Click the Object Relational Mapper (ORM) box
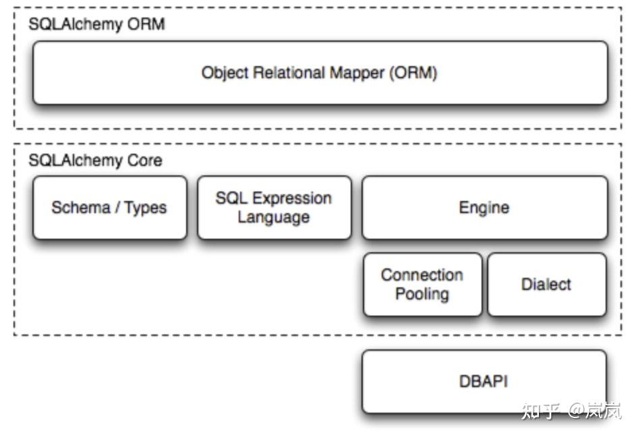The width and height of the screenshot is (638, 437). coord(320,73)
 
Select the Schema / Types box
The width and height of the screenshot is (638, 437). coord(110,208)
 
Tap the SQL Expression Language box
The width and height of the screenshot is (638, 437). coord(274,208)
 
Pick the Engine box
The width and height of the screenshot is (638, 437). coord(485,208)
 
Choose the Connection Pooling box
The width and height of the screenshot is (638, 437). coord(423,285)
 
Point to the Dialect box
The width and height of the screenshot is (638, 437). coord(547,285)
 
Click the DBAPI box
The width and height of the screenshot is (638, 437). coord(484,382)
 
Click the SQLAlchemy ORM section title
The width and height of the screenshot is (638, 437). coord(96,24)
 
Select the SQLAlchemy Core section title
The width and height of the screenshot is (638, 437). coord(95,161)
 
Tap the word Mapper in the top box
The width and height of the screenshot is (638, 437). coord(357,74)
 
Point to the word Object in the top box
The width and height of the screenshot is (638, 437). coord(225,74)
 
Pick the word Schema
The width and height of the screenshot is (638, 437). coord(81,208)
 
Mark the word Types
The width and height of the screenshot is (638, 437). coord(145,208)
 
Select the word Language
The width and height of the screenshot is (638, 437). coord(273,217)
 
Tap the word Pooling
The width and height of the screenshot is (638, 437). coord(422,294)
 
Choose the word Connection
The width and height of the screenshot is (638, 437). coord(422,275)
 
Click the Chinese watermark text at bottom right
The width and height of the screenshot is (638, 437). coord(571,411)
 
